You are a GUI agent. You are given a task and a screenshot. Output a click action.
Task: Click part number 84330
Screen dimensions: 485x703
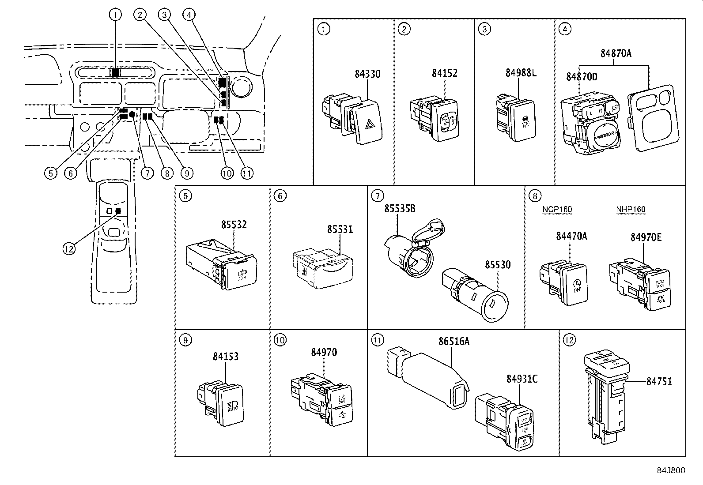(367, 74)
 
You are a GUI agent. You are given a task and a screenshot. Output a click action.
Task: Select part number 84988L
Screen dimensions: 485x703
(521, 73)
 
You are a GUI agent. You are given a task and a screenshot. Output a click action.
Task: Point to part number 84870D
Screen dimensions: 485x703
(582, 77)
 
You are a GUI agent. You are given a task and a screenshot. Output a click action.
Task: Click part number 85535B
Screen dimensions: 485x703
(399, 208)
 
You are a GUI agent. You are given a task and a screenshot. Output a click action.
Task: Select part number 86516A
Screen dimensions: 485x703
(454, 341)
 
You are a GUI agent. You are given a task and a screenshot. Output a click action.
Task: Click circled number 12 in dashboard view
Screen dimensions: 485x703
(68, 249)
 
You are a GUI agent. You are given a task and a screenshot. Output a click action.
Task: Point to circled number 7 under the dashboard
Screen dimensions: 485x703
(147, 173)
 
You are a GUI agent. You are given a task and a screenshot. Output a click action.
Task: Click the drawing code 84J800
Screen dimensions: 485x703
(670, 470)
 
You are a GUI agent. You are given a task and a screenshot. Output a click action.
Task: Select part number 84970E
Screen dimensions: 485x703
(645, 237)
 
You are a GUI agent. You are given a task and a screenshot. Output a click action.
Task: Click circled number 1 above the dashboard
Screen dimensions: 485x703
(115, 15)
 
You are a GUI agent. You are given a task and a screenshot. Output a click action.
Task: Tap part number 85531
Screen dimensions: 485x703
(340, 229)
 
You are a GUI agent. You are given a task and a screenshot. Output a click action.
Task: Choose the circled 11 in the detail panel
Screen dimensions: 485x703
(378, 340)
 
